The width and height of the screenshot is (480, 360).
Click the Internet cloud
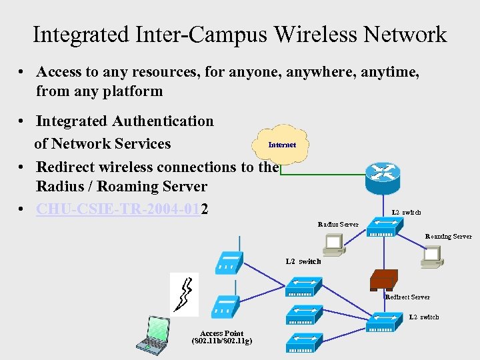(282, 143)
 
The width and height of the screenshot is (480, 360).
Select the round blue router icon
(383, 173)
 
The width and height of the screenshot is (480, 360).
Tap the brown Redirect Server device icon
(384, 278)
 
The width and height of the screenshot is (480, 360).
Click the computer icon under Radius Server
(332, 246)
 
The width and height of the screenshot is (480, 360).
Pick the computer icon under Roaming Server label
(432, 255)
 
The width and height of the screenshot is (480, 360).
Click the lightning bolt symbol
(184, 294)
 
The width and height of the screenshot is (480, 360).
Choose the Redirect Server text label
(407, 297)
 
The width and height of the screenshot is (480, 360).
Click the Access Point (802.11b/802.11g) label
(221, 337)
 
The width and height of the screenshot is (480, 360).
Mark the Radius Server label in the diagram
(338, 225)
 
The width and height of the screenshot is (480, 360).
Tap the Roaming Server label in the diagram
(448, 236)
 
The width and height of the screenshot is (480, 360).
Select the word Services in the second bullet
(140, 144)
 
